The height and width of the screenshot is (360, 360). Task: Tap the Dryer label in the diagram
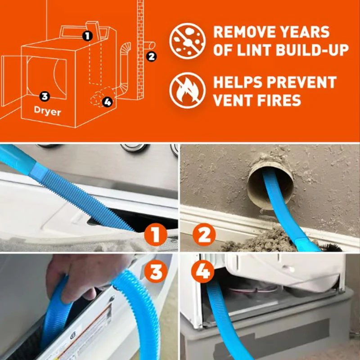[x=47, y=112]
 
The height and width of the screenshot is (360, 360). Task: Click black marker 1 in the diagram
[x=88, y=35]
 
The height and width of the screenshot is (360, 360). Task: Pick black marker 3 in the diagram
[x=44, y=95]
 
